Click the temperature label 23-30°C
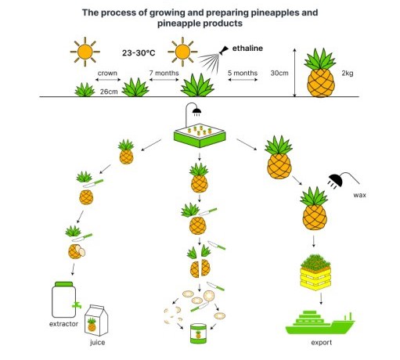pos(139,53)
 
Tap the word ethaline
pos(247,49)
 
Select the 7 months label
pos(164,73)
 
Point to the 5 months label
pos(243,73)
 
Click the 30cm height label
pos(279,73)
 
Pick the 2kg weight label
pos(348,74)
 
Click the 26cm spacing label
pos(109,92)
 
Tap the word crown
pos(107,74)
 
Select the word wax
pos(359,195)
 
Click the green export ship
pos(320,323)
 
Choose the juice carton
pos(96,320)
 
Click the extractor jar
pos(66,300)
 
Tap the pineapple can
pos(198,333)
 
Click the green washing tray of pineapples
pos(200,135)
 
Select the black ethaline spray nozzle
pos(224,50)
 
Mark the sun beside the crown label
pos(85,52)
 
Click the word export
pos(322,343)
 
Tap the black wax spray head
pos(335,181)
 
